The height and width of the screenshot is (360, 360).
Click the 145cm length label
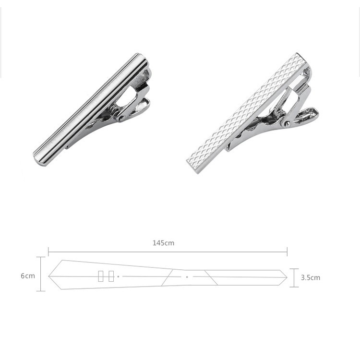click(x=163, y=243)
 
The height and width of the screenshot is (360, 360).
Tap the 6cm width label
click(x=28, y=276)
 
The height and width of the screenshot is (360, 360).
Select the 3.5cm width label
click(x=311, y=277)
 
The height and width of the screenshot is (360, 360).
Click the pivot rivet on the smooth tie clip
click(x=121, y=119)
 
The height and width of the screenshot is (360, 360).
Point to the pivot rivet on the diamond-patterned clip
click(x=286, y=124)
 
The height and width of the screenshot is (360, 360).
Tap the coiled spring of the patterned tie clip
click(x=279, y=114)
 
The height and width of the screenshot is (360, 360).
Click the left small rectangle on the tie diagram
click(x=101, y=276)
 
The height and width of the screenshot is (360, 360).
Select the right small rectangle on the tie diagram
click(x=111, y=276)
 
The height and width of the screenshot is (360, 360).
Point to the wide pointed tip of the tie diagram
click(x=48, y=276)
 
